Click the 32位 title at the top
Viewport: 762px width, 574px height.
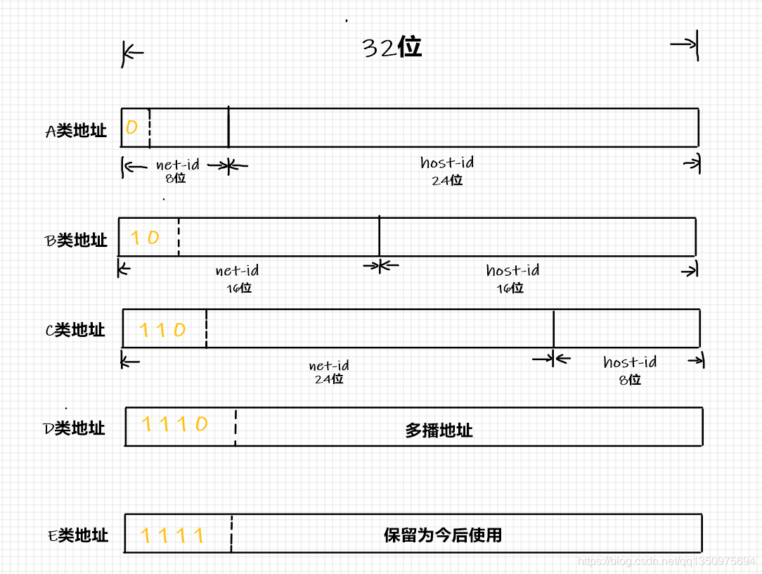[392, 47]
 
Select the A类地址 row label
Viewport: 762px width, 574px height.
[76, 131]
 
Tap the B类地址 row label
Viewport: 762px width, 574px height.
[76, 240]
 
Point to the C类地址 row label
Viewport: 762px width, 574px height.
[75, 330]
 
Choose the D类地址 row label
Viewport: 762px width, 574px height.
[75, 428]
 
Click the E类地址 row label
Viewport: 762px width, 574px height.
[78, 535]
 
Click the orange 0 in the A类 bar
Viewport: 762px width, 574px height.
[131, 127]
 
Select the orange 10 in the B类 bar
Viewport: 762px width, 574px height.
[145, 238]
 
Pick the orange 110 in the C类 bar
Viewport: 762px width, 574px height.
[162, 329]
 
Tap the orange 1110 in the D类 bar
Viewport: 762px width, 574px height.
[175, 424]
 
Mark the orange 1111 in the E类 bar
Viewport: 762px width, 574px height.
[172, 535]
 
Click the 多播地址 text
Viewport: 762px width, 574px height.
[439, 430]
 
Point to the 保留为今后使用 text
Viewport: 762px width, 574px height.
[443, 535]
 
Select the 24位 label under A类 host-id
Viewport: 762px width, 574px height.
[447, 180]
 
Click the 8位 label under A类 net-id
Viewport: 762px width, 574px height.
[176, 178]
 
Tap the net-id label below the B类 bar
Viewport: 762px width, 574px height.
[238, 270]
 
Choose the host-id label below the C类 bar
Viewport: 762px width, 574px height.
[630, 362]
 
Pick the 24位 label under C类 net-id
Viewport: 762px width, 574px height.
[329, 378]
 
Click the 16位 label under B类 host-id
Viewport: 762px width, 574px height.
[510, 288]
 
